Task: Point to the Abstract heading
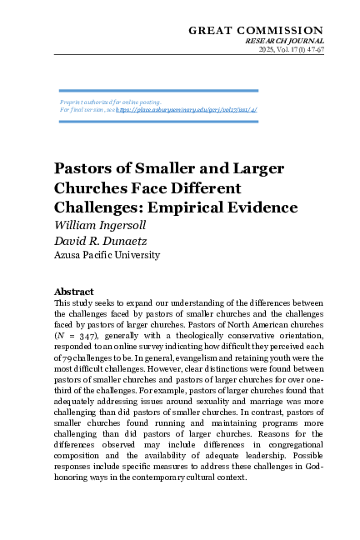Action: [x=74, y=292]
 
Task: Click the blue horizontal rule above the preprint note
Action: [x=158, y=90]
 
